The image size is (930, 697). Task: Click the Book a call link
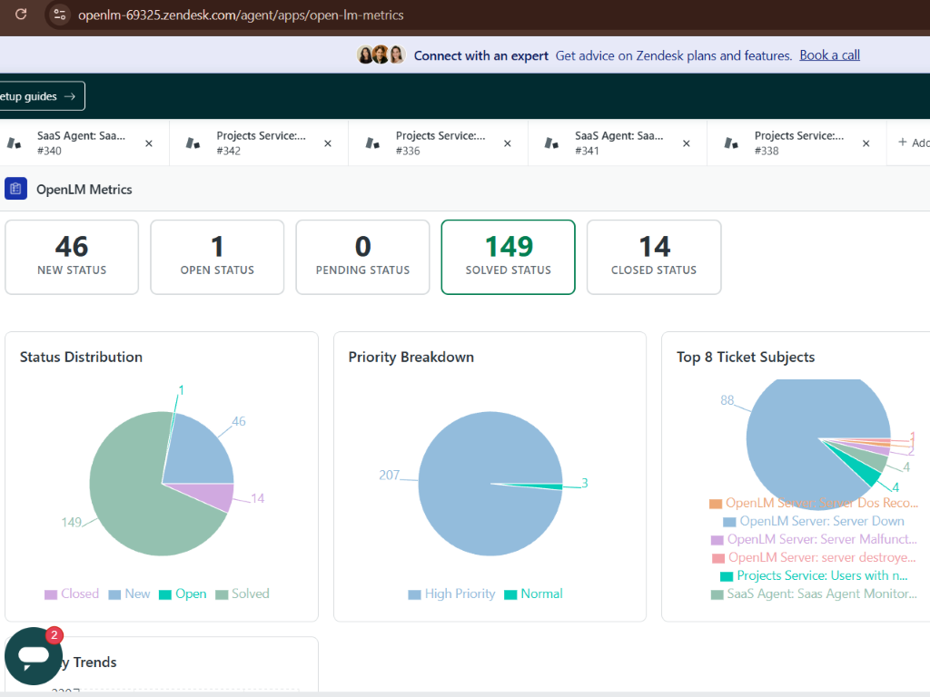pos(829,55)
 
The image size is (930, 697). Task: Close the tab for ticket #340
pos(149,143)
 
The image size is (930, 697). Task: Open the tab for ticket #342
pos(260,143)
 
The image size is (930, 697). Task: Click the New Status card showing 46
pos(72,257)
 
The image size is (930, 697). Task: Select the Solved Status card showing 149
pos(508,257)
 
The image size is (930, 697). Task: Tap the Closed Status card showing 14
pos(654,257)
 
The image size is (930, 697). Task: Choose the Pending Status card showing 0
pos(362,257)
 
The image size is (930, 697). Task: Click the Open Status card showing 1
pos(217,257)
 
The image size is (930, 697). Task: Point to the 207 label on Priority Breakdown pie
pos(390,475)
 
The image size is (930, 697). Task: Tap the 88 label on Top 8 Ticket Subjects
pos(727,400)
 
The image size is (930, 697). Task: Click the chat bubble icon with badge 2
pos(34,655)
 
